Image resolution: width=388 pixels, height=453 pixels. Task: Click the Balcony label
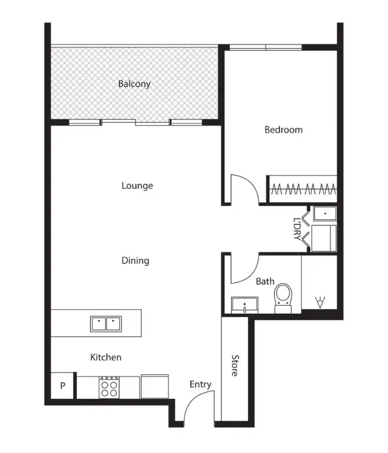[x=134, y=84]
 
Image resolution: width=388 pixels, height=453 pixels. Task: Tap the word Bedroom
[x=283, y=130]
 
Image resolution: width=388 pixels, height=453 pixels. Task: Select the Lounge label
[x=137, y=186]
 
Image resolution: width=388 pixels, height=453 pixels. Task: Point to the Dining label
[x=136, y=261]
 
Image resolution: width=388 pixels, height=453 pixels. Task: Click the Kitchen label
[x=106, y=357]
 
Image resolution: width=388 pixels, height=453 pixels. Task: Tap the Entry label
[x=200, y=385]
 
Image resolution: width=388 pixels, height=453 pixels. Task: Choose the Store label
[x=235, y=366]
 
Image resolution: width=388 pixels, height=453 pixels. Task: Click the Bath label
[x=265, y=282]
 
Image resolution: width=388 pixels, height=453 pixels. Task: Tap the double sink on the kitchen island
[x=105, y=323]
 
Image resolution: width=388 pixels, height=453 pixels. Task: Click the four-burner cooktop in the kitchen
[x=108, y=386]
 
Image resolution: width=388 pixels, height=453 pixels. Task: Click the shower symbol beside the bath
[x=319, y=301]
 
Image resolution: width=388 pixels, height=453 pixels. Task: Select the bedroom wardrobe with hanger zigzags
[x=302, y=188]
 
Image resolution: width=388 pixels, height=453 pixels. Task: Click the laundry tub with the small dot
[x=324, y=214]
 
